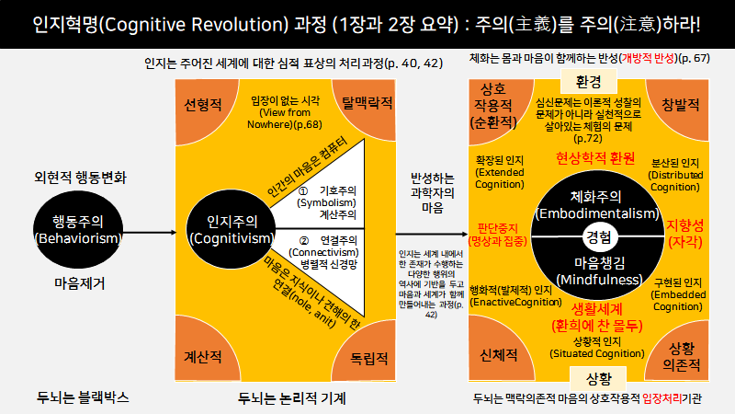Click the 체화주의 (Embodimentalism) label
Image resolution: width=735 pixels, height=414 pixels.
(x=599, y=205)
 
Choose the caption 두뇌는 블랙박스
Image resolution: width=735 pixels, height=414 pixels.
(x=83, y=397)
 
